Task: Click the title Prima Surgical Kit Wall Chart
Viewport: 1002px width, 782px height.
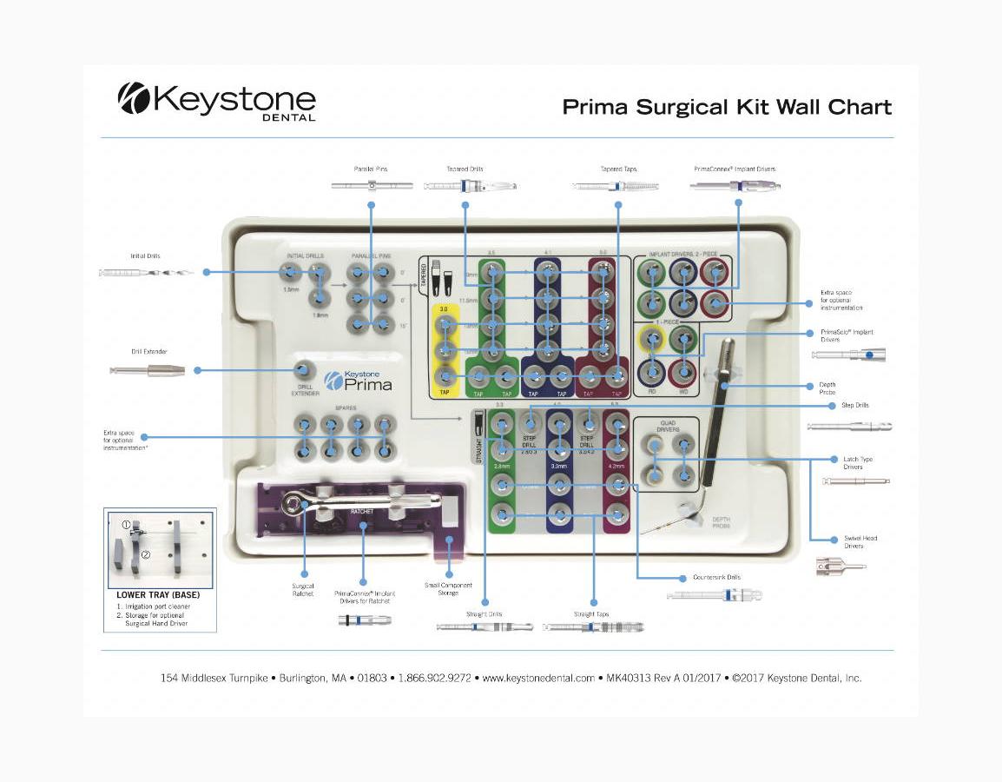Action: (727, 107)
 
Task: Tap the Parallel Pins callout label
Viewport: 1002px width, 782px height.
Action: (371, 169)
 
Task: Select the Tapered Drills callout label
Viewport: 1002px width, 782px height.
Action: (465, 169)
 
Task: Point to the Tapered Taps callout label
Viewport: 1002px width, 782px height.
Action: (618, 169)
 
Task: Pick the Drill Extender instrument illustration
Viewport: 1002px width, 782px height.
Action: (148, 370)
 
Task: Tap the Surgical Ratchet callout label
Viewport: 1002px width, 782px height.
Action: (303, 589)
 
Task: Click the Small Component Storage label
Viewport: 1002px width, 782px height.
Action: (448, 588)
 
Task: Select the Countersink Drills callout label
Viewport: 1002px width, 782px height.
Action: (716, 577)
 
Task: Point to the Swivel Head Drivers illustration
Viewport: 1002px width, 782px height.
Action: (840, 567)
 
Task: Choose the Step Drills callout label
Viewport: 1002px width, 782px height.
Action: (854, 405)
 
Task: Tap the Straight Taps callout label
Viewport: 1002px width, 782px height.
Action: (591, 614)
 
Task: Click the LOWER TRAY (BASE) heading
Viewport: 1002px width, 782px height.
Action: (158, 595)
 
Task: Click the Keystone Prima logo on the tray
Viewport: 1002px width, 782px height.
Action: (358, 380)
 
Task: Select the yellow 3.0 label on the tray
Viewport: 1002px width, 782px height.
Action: (444, 309)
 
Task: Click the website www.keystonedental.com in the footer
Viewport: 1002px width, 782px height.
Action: (538, 678)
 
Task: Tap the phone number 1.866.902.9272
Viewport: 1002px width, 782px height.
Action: (434, 678)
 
